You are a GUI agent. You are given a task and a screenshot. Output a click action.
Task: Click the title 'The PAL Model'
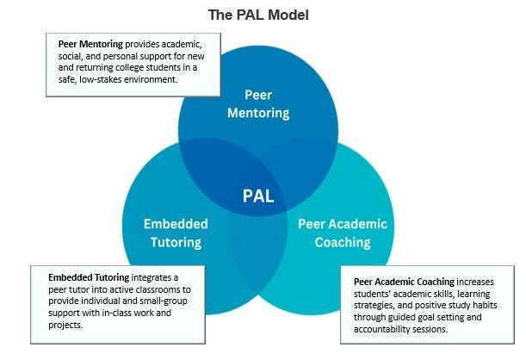[258, 15]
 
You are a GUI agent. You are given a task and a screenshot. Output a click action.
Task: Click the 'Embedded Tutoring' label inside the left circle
[176, 233]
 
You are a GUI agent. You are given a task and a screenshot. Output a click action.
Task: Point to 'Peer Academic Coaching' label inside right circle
[343, 233]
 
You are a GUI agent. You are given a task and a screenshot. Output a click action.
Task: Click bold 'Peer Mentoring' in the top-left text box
[90, 43]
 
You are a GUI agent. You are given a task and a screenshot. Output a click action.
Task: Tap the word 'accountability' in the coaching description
[382, 330]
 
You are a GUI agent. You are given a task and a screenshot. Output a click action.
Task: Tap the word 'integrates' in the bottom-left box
[158, 276]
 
